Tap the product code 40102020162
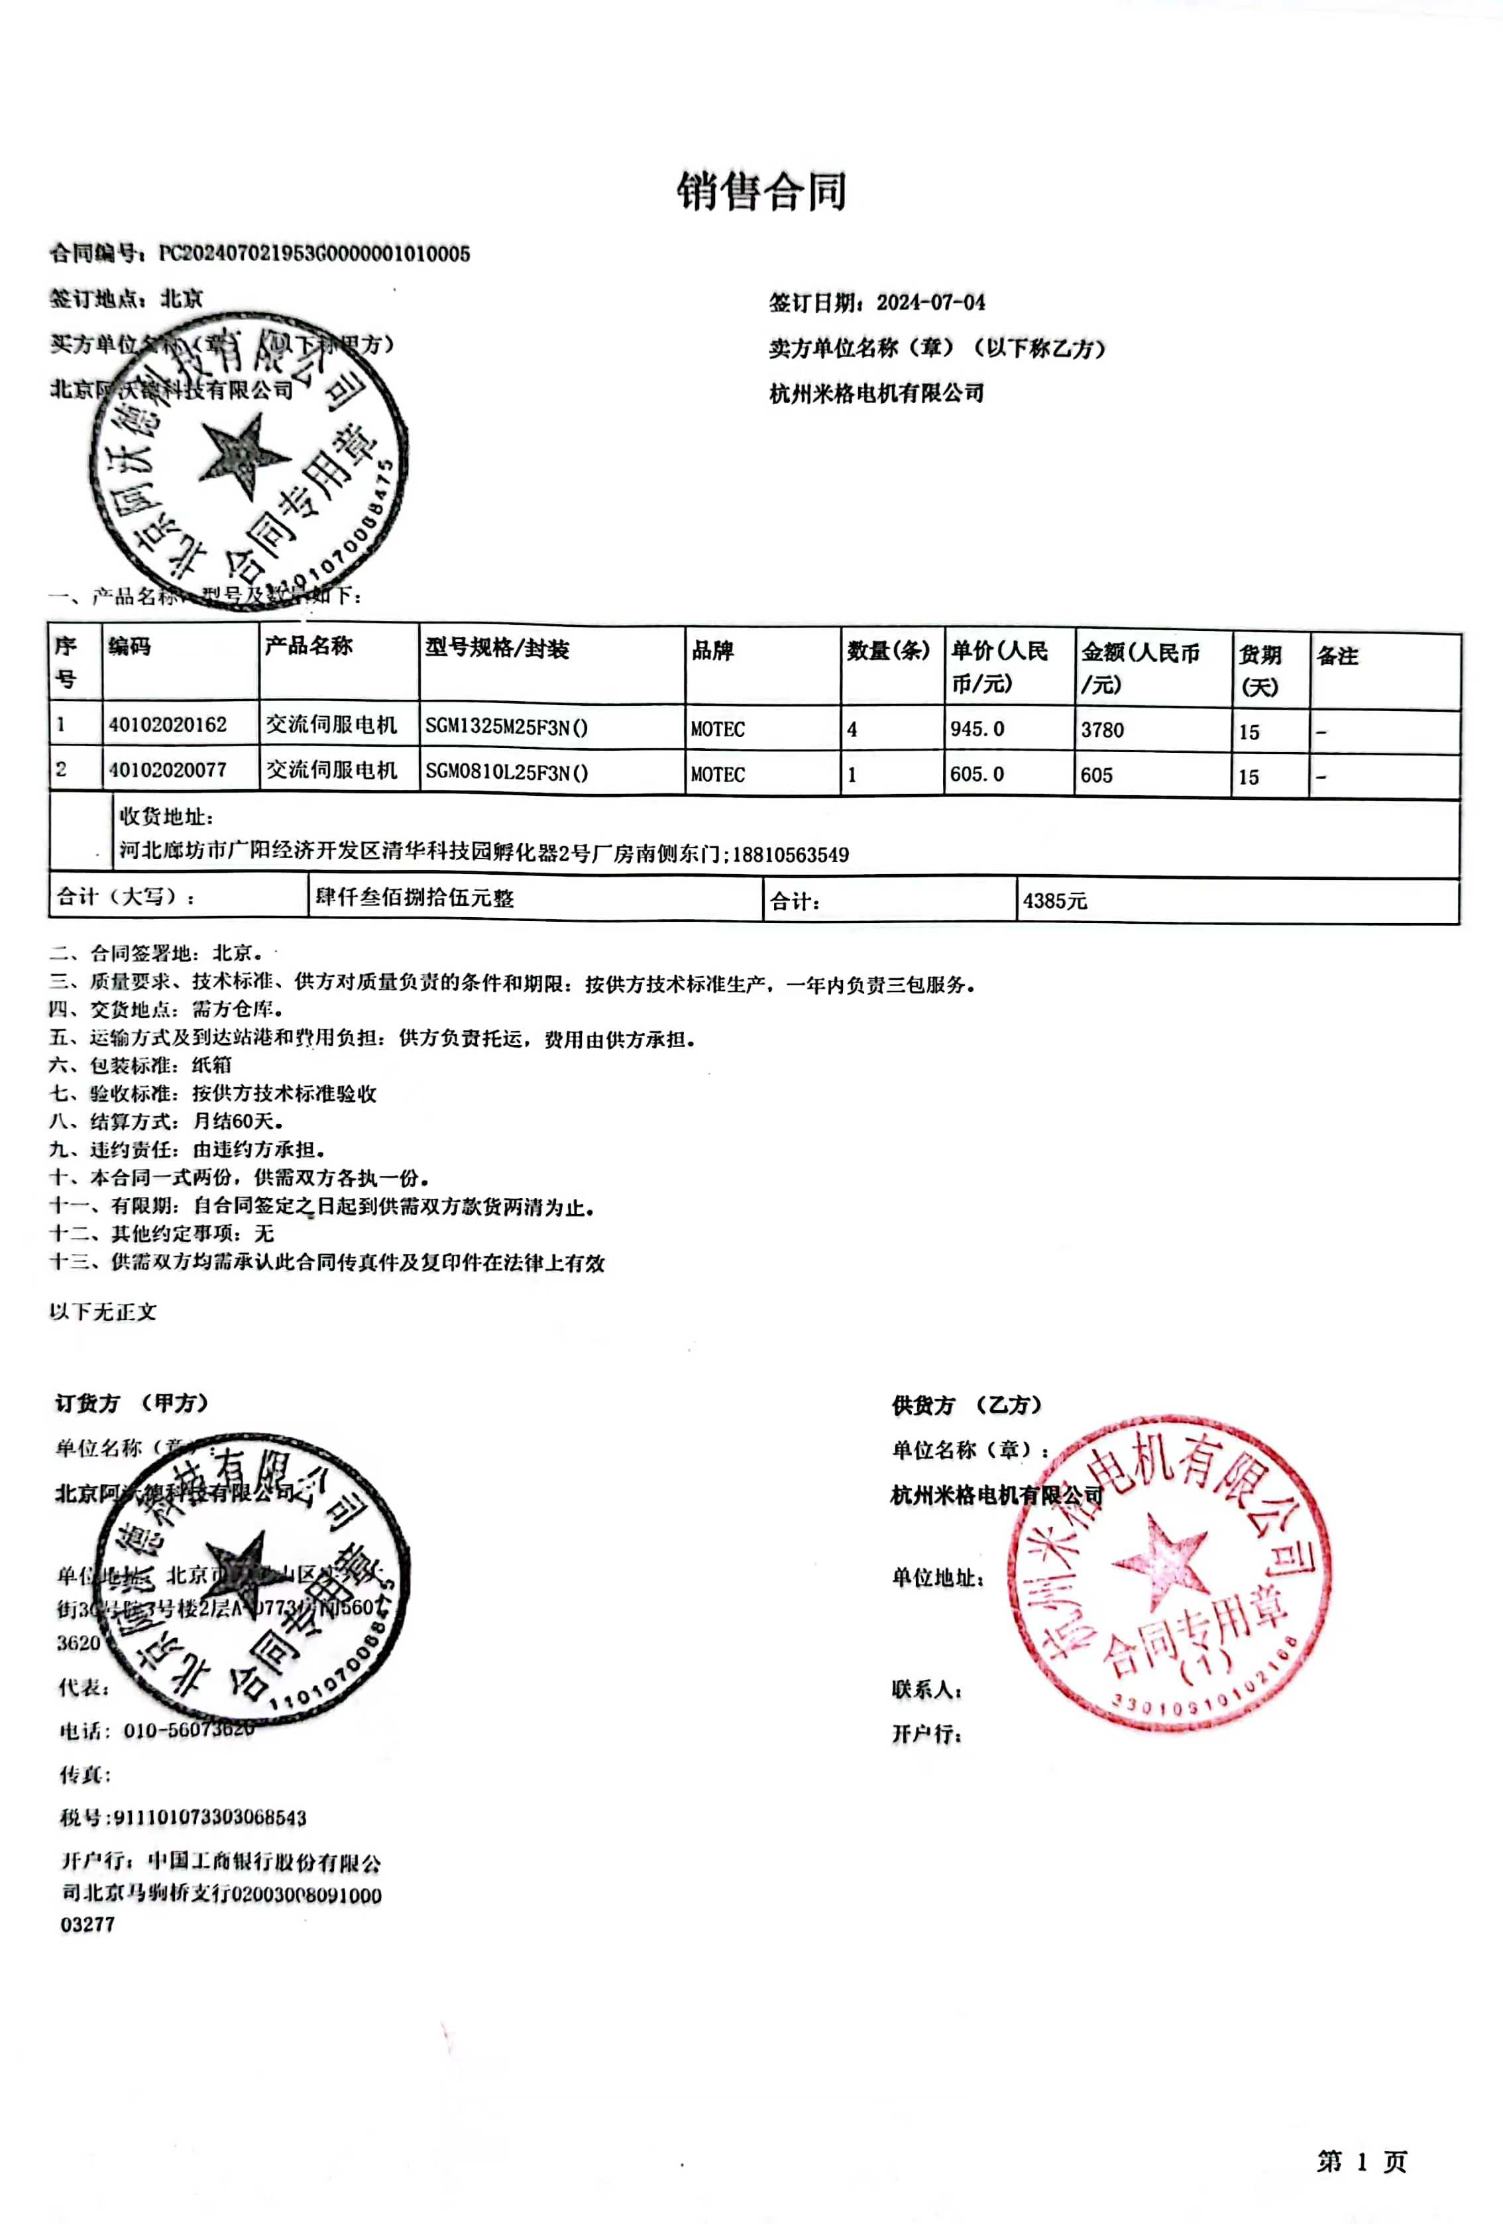(x=168, y=724)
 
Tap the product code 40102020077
(x=168, y=769)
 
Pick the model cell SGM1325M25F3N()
(x=506, y=726)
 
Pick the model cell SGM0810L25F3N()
(x=506, y=772)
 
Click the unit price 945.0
(x=977, y=729)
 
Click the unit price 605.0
(x=977, y=774)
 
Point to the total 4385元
(x=1054, y=901)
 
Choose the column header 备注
(x=1337, y=655)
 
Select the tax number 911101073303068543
(x=209, y=1816)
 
